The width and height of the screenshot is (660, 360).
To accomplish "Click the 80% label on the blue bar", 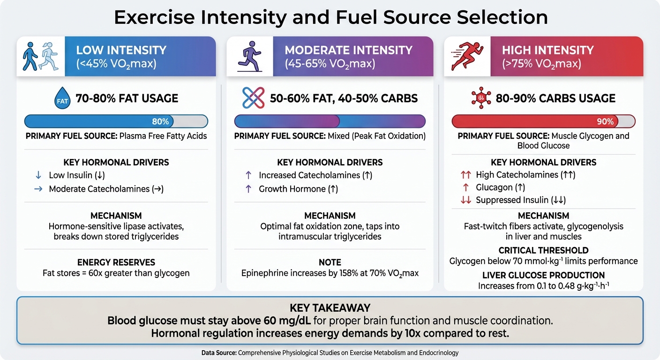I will coord(160,122).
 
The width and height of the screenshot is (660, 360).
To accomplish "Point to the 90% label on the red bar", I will coord(605,122).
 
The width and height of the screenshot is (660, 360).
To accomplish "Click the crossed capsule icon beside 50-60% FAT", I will coord(253,98).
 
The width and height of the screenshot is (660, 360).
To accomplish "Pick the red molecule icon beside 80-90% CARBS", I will coord(480,98).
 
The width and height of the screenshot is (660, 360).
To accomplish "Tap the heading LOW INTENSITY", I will coord(121,50).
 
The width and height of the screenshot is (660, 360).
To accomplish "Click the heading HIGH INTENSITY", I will coord(547,50).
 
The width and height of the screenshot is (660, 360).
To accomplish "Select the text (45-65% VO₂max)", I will coord(330,64).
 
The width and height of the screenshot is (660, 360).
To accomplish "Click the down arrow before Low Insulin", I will coord(38,175).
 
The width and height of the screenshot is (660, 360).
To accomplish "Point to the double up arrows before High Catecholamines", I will coord(465,175).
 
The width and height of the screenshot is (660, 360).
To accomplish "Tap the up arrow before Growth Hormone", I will coord(248,189).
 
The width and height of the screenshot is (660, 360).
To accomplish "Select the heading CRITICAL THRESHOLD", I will coord(543,250).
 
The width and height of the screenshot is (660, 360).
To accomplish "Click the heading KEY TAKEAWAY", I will coord(330,308).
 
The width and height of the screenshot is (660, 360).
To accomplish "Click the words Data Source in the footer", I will coord(219,352).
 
